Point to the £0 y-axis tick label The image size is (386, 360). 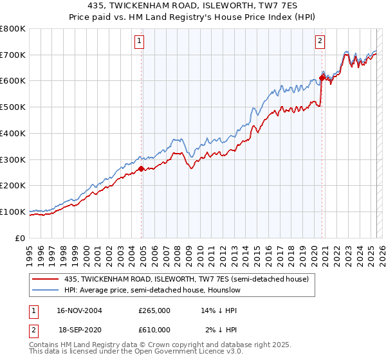[x=21, y=238]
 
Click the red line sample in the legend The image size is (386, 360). [x=46, y=278]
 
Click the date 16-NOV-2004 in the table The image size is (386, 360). [x=80, y=310]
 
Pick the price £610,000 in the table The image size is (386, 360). [x=154, y=329]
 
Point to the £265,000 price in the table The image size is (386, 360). [x=154, y=310]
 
